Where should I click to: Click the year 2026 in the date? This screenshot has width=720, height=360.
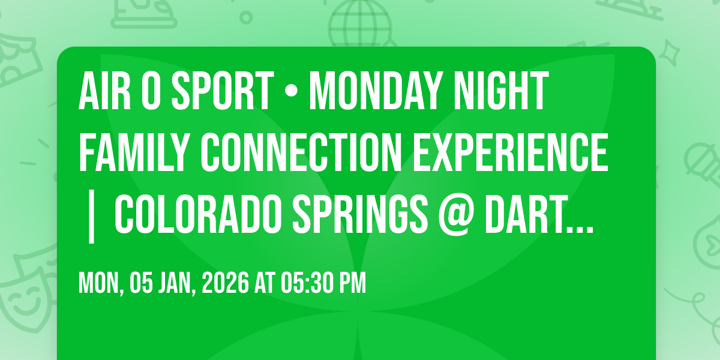tap(226, 283)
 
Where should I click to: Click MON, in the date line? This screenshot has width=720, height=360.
tap(100, 283)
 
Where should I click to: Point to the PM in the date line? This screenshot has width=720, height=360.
tap(352, 283)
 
